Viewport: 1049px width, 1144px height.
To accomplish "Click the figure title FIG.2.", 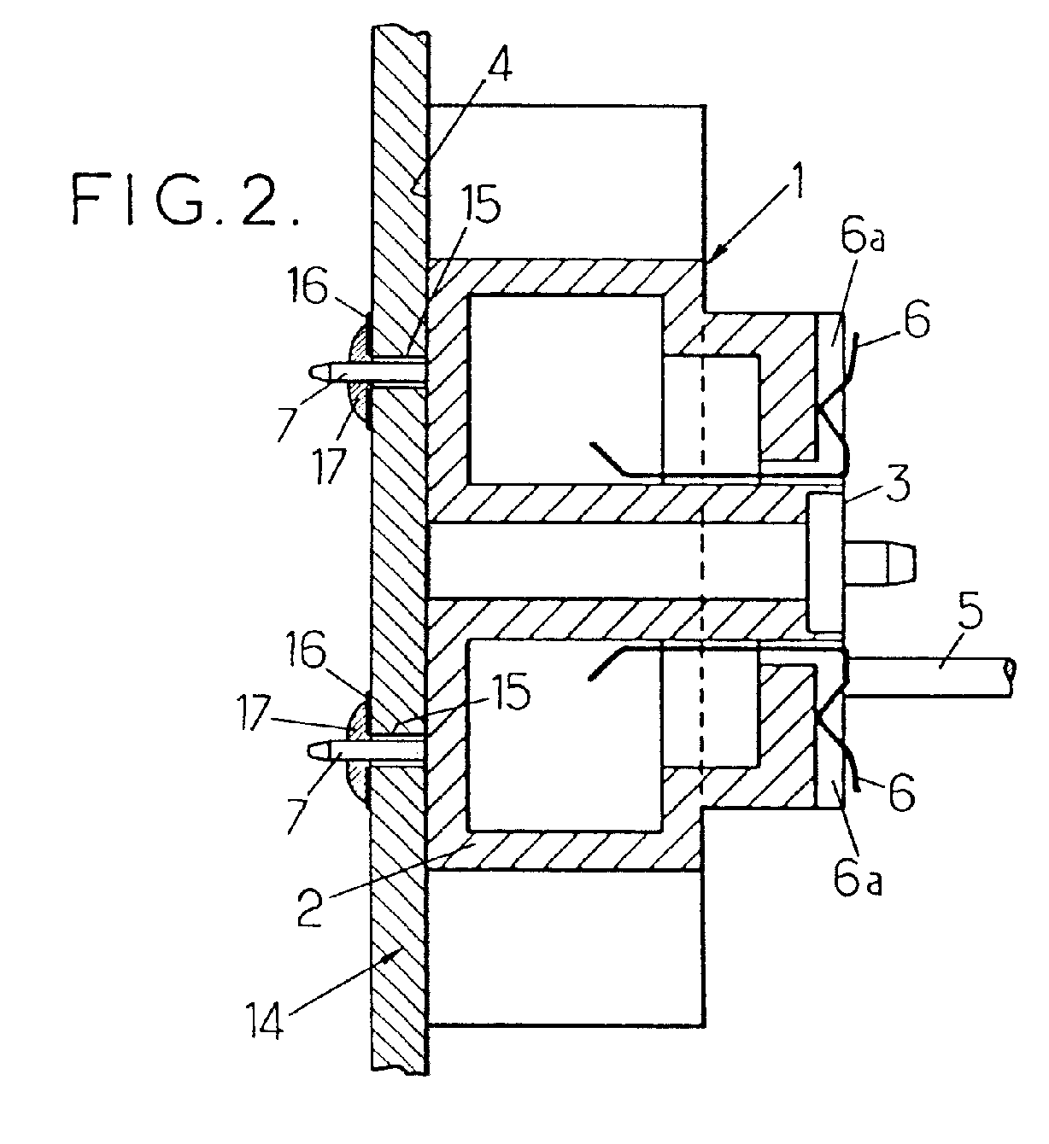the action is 185,200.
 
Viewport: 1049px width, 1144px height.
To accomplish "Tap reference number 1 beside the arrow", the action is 797,179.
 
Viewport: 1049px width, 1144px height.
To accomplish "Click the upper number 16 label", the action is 308,288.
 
